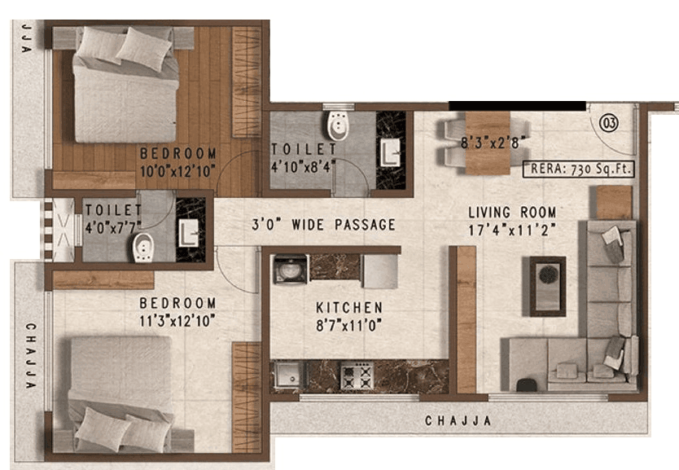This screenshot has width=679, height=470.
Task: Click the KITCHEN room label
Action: click(x=349, y=308)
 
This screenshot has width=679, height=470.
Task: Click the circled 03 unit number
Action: click(x=608, y=124)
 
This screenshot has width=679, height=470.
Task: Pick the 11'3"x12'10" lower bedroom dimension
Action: click(x=177, y=319)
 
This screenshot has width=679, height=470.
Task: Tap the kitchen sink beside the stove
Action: click(x=287, y=376)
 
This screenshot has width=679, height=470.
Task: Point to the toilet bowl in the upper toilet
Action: click(x=335, y=127)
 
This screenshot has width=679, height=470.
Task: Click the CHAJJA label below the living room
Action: click(x=458, y=421)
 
